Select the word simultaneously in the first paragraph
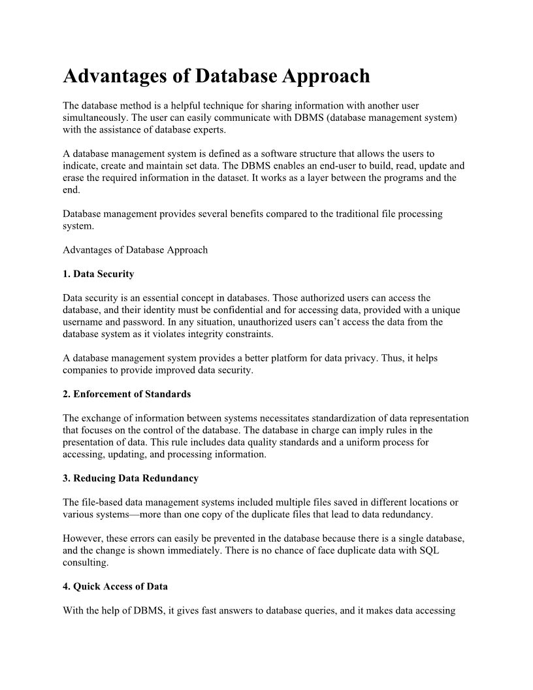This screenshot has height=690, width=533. [95, 118]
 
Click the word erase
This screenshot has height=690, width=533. [74, 178]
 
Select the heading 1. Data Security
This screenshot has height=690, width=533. [98, 274]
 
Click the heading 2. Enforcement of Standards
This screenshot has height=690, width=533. [127, 394]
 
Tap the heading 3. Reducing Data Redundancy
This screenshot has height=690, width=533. [131, 478]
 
